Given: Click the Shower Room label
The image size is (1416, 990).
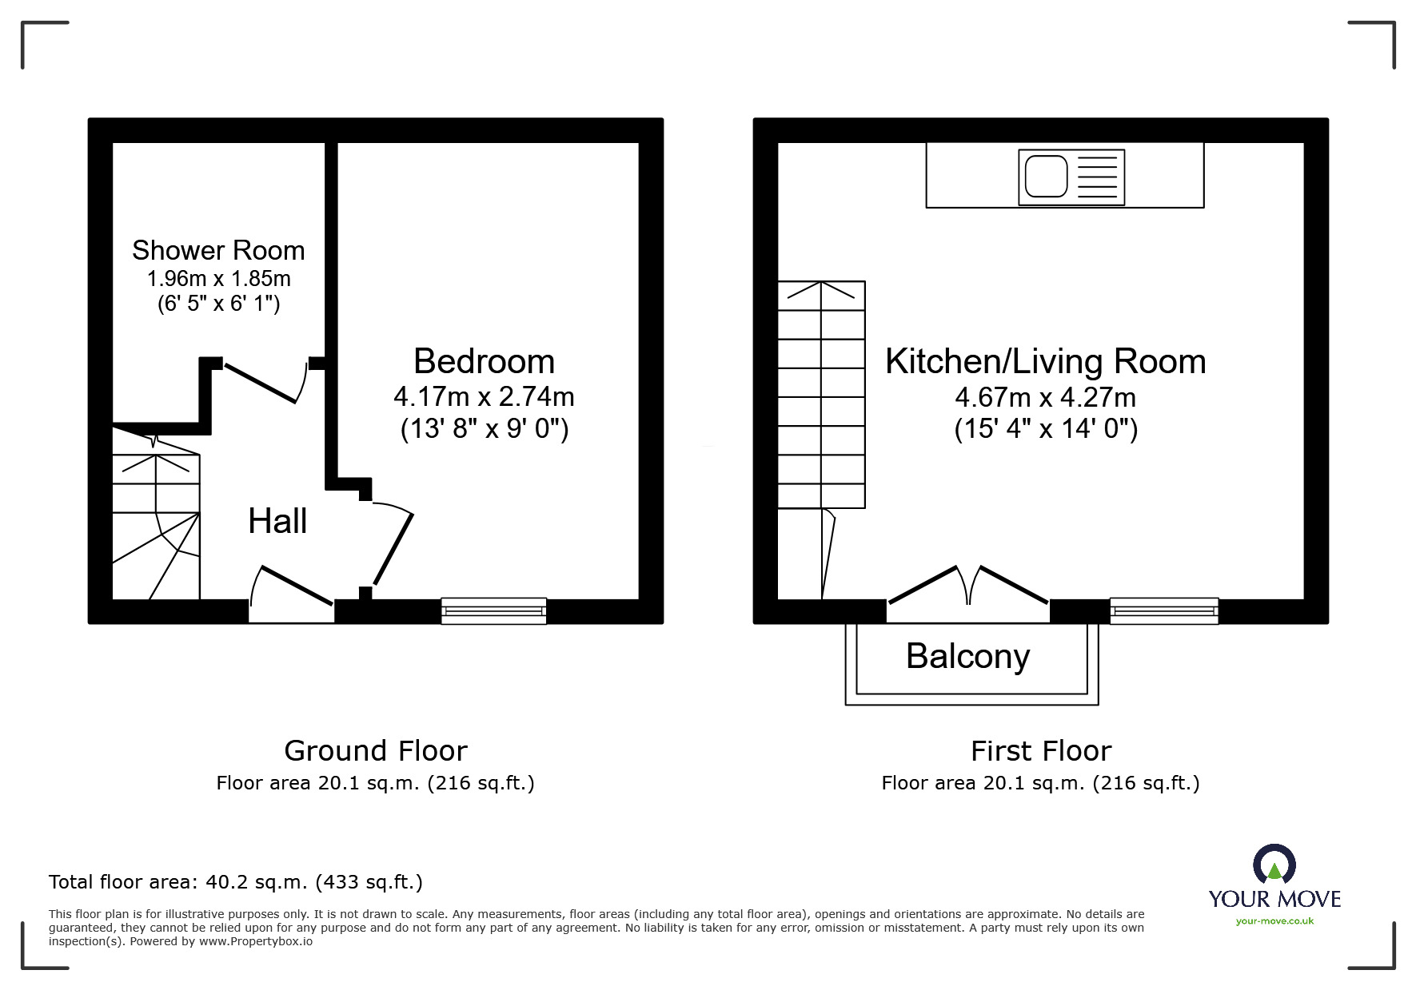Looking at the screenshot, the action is coord(218,250).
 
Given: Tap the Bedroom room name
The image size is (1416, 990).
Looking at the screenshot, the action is coord(484,361).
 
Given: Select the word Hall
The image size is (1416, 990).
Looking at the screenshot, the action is coord(277,521).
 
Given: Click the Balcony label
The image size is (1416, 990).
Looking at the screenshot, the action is coord(967,658).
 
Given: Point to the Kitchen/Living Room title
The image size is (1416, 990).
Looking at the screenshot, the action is coord(1045,362).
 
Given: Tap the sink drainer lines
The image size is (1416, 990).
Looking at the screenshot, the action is coord(1098,177).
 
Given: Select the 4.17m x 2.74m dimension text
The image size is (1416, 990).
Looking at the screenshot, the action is coord(484,396).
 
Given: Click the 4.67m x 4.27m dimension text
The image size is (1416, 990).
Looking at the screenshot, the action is coord(1045,397).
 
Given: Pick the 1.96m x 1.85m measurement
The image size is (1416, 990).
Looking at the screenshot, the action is coord(218,279).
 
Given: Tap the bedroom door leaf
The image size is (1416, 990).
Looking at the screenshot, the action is coord(393,549).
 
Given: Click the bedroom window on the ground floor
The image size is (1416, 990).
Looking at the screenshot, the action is coord(494,611).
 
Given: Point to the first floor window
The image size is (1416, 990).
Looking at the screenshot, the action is coord(1164,611).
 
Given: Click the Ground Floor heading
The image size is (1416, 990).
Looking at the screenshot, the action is coord(376,751).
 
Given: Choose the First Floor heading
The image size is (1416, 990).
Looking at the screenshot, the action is coord(1041,751).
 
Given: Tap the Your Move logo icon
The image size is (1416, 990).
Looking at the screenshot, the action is coord(1274,865).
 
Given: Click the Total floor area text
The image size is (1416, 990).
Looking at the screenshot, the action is coord(236,882).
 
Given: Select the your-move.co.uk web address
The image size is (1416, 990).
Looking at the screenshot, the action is coord(1274,921).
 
